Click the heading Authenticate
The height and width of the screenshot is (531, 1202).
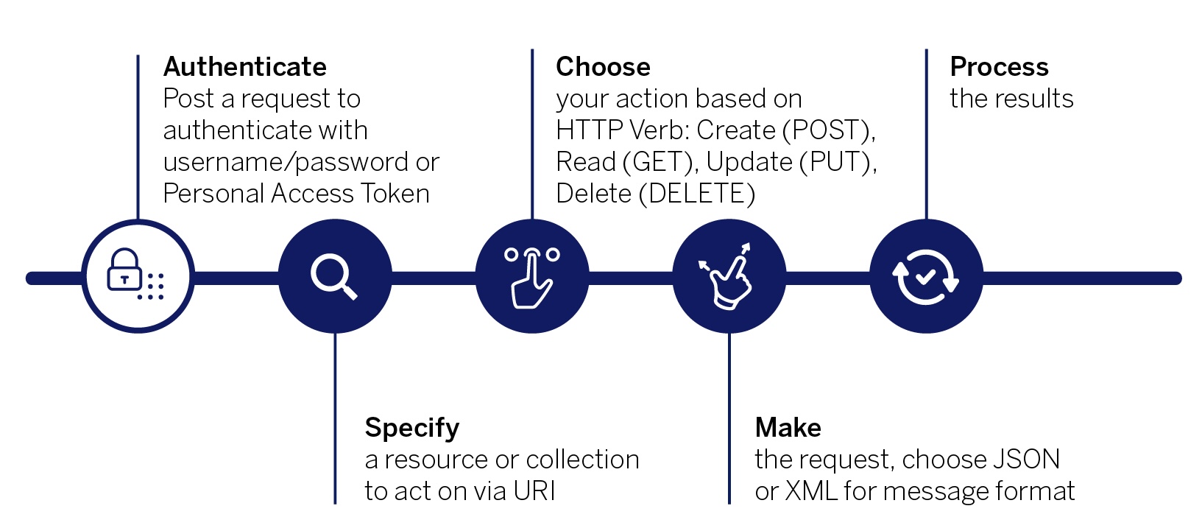pyautogui.click(x=244, y=67)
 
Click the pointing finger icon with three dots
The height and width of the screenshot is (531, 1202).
pyautogui.click(x=531, y=277)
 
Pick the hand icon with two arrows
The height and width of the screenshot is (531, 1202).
pyautogui.click(x=728, y=277)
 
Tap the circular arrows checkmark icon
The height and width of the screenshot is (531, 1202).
pyautogui.click(x=925, y=277)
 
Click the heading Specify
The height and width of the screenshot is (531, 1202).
pyautogui.click(x=411, y=428)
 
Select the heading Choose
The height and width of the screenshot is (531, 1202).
pyautogui.click(x=603, y=67)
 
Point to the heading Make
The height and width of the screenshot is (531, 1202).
pyautogui.click(x=788, y=428)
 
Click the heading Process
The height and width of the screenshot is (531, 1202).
pyautogui.click(x=999, y=67)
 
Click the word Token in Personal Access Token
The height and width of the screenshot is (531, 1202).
pyautogui.click(x=395, y=194)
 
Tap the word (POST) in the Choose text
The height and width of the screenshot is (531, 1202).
pyautogui.click(x=828, y=130)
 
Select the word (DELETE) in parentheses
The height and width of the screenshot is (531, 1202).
pyautogui.click(x=696, y=194)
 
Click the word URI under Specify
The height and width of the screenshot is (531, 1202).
pyautogui.click(x=534, y=491)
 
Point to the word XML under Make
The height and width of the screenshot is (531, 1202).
pyautogui.click(x=811, y=491)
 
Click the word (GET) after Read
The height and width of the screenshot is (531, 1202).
pyautogui.click(x=660, y=162)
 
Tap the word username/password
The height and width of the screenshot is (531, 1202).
pyautogui.click(x=286, y=162)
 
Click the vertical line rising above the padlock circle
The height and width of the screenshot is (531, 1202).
pyautogui.click(x=138, y=136)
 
